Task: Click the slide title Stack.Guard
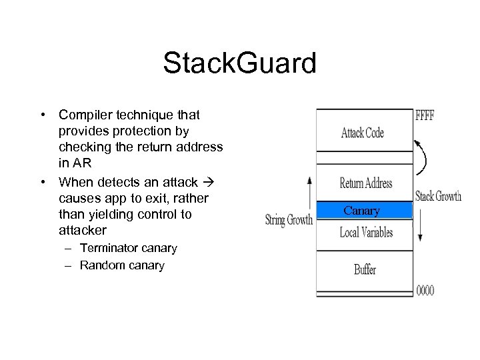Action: pos(239,64)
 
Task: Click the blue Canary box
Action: pos(362,211)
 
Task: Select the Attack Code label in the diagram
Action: pos(362,132)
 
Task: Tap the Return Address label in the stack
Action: pos(365,183)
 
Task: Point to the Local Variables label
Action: pos(366,233)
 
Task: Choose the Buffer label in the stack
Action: pos(365,269)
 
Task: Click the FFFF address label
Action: pos(425,115)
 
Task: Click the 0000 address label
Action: pos(425,291)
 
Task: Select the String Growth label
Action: pos(289,220)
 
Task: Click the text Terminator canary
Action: pos(128,248)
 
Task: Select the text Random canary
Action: pos(122,265)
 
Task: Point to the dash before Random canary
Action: pos(70,265)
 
